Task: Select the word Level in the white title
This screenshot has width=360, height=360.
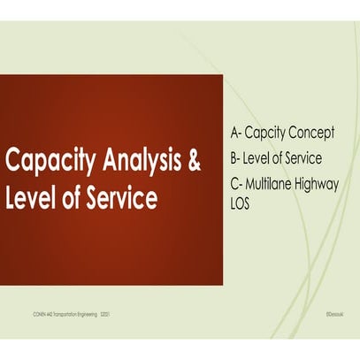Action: tap(30, 197)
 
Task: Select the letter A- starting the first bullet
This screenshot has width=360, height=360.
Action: tap(236, 134)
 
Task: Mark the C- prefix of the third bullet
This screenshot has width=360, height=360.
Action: tap(236, 183)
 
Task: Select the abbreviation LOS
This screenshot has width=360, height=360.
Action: tap(241, 203)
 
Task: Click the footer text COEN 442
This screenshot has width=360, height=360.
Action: tap(40, 312)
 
